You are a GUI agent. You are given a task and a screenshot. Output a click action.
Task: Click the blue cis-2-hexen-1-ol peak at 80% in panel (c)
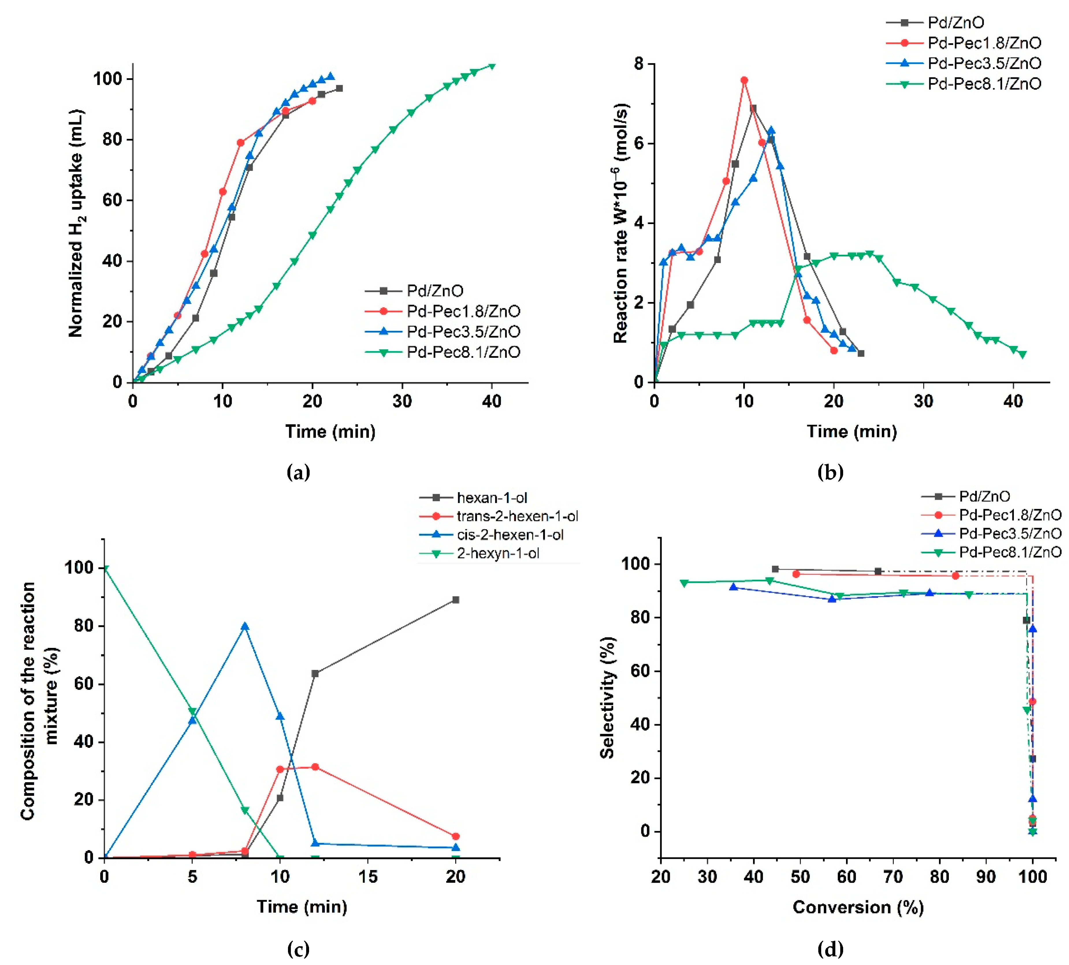click(x=244, y=626)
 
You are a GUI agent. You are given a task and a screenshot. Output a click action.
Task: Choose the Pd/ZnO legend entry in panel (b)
click(x=955, y=22)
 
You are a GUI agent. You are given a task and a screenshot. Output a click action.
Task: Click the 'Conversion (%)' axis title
click(x=858, y=907)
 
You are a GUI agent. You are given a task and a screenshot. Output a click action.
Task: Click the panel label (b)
click(x=830, y=471)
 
